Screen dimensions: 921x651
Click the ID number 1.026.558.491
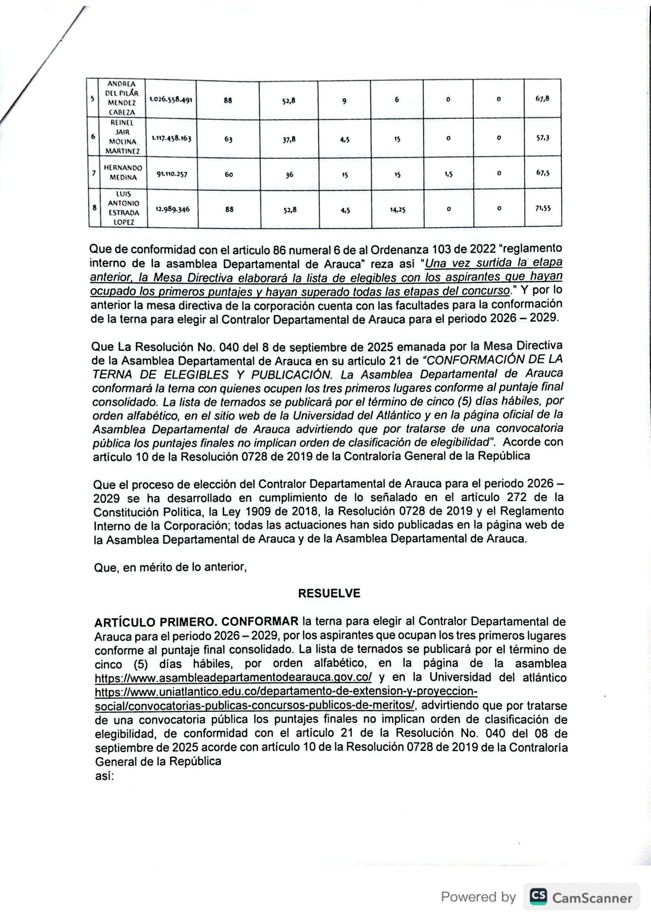coord(171,99)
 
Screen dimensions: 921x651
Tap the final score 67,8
coord(542,99)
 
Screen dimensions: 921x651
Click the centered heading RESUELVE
coord(329,594)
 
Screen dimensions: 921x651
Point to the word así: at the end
coord(104,776)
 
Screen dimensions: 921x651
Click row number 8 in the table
coord(94,207)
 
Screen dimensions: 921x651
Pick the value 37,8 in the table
coord(289,139)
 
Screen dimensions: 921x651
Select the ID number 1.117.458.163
coord(171,138)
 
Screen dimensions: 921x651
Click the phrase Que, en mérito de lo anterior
coord(170,567)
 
